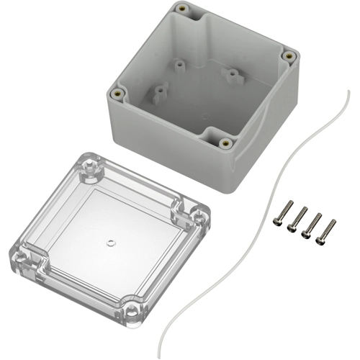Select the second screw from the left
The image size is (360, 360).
pos(295,220)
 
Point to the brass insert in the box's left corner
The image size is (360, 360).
pos(117,92)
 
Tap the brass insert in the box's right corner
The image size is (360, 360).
pos(289,55)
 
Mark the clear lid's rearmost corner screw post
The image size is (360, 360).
pos(90,166)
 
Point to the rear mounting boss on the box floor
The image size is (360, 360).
pos(178,64)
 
